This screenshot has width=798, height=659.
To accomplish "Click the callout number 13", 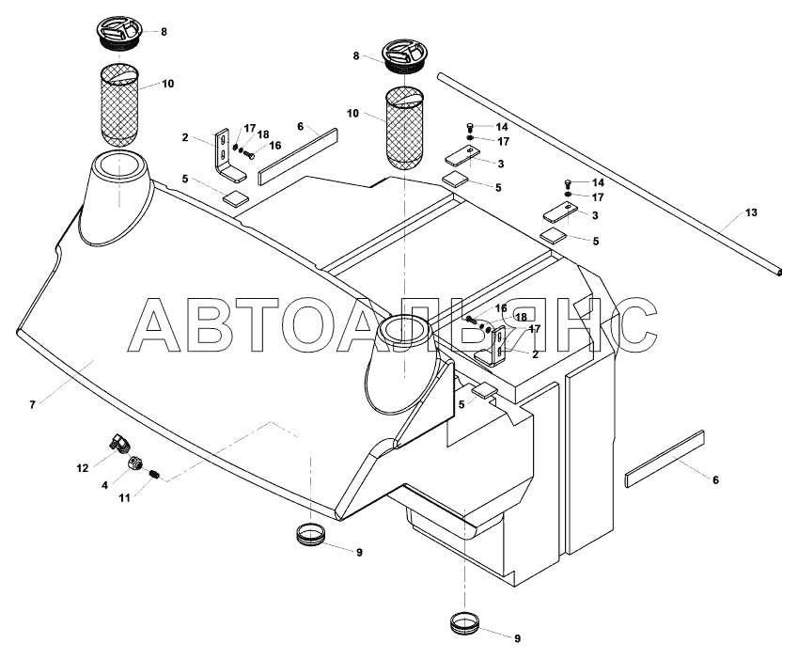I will coord(750,213).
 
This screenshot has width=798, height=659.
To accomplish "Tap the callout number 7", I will coord(32,404).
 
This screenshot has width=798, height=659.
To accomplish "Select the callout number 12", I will coord(83,466).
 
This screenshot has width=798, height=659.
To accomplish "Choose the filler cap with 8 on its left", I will coord(405,57).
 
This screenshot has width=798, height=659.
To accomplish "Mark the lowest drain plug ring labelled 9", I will coord(467,623).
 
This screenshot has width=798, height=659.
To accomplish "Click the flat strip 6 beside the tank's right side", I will coord(664,460).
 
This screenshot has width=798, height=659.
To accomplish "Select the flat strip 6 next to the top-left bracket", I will coord(299,153).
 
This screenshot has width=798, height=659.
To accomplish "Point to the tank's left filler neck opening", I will coord(121,173).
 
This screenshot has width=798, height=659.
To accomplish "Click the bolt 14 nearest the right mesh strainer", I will coord(471,127).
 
